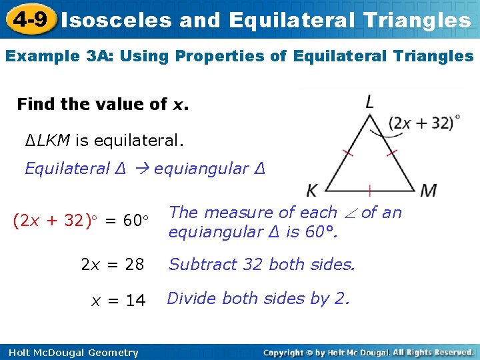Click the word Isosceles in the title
pyautogui.click(x=117, y=20)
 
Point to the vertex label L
pyautogui.click(x=369, y=102)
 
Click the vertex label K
pyautogui.click(x=311, y=191)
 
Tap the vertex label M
pyautogui.click(x=429, y=190)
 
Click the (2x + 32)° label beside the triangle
pyautogui.click(x=424, y=123)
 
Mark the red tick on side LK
pyautogui.click(x=347, y=153)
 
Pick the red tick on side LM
pyautogui.click(x=391, y=153)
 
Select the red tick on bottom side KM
pyautogui.click(x=369, y=190)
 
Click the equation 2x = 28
pyautogui.click(x=112, y=265)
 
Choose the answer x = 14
pyautogui.click(x=118, y=301)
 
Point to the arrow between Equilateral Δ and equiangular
pyautogui.click(x=141, y=169)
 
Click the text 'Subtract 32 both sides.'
pyautogui.click(x=262, y=265)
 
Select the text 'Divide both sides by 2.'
pyautogui.click(x=258, y=299)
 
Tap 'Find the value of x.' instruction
pyautogui.click(x=103, y=105)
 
